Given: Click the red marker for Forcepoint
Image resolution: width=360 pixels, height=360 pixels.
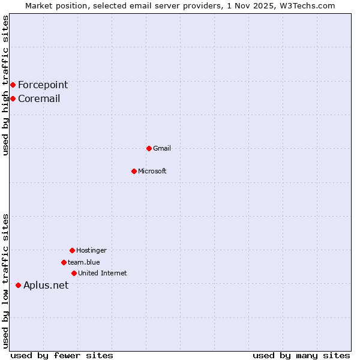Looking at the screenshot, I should pos(13,85).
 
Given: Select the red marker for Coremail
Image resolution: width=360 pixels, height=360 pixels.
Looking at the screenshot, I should pos(13,98).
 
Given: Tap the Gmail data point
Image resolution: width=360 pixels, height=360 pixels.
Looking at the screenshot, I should pos(149,148).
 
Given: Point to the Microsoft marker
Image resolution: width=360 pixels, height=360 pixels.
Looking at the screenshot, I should pos(134,171).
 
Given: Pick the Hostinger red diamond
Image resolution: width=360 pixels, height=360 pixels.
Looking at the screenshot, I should pos(72,250).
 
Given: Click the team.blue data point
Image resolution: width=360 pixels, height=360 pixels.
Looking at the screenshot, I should pos(64,262).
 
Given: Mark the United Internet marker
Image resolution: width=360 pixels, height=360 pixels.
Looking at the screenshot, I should pos(74,273).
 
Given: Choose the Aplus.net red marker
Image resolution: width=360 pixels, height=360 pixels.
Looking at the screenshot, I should pos(18,285).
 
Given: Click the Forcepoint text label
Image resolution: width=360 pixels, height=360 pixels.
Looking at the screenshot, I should pos(43,85).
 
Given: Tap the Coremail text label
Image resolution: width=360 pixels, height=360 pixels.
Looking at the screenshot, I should pos(39,98).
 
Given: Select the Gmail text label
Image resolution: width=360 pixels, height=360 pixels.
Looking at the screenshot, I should pos(162,148).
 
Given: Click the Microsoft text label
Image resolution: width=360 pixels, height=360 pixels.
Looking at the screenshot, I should pos(152,171).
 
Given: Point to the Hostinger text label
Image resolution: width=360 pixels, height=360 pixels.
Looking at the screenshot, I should pos(91,250).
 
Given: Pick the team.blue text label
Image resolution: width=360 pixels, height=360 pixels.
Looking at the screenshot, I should pos(84,262).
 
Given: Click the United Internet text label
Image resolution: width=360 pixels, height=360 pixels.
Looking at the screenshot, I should pos(103,273).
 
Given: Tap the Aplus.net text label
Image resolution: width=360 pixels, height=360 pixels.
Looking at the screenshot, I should pos(46,285).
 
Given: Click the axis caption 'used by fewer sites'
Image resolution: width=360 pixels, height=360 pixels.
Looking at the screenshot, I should pos(62,355).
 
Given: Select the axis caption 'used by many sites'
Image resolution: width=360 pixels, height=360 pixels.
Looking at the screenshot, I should pos(301,355).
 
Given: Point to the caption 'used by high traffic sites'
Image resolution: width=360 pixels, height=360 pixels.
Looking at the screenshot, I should pos(5,85).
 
